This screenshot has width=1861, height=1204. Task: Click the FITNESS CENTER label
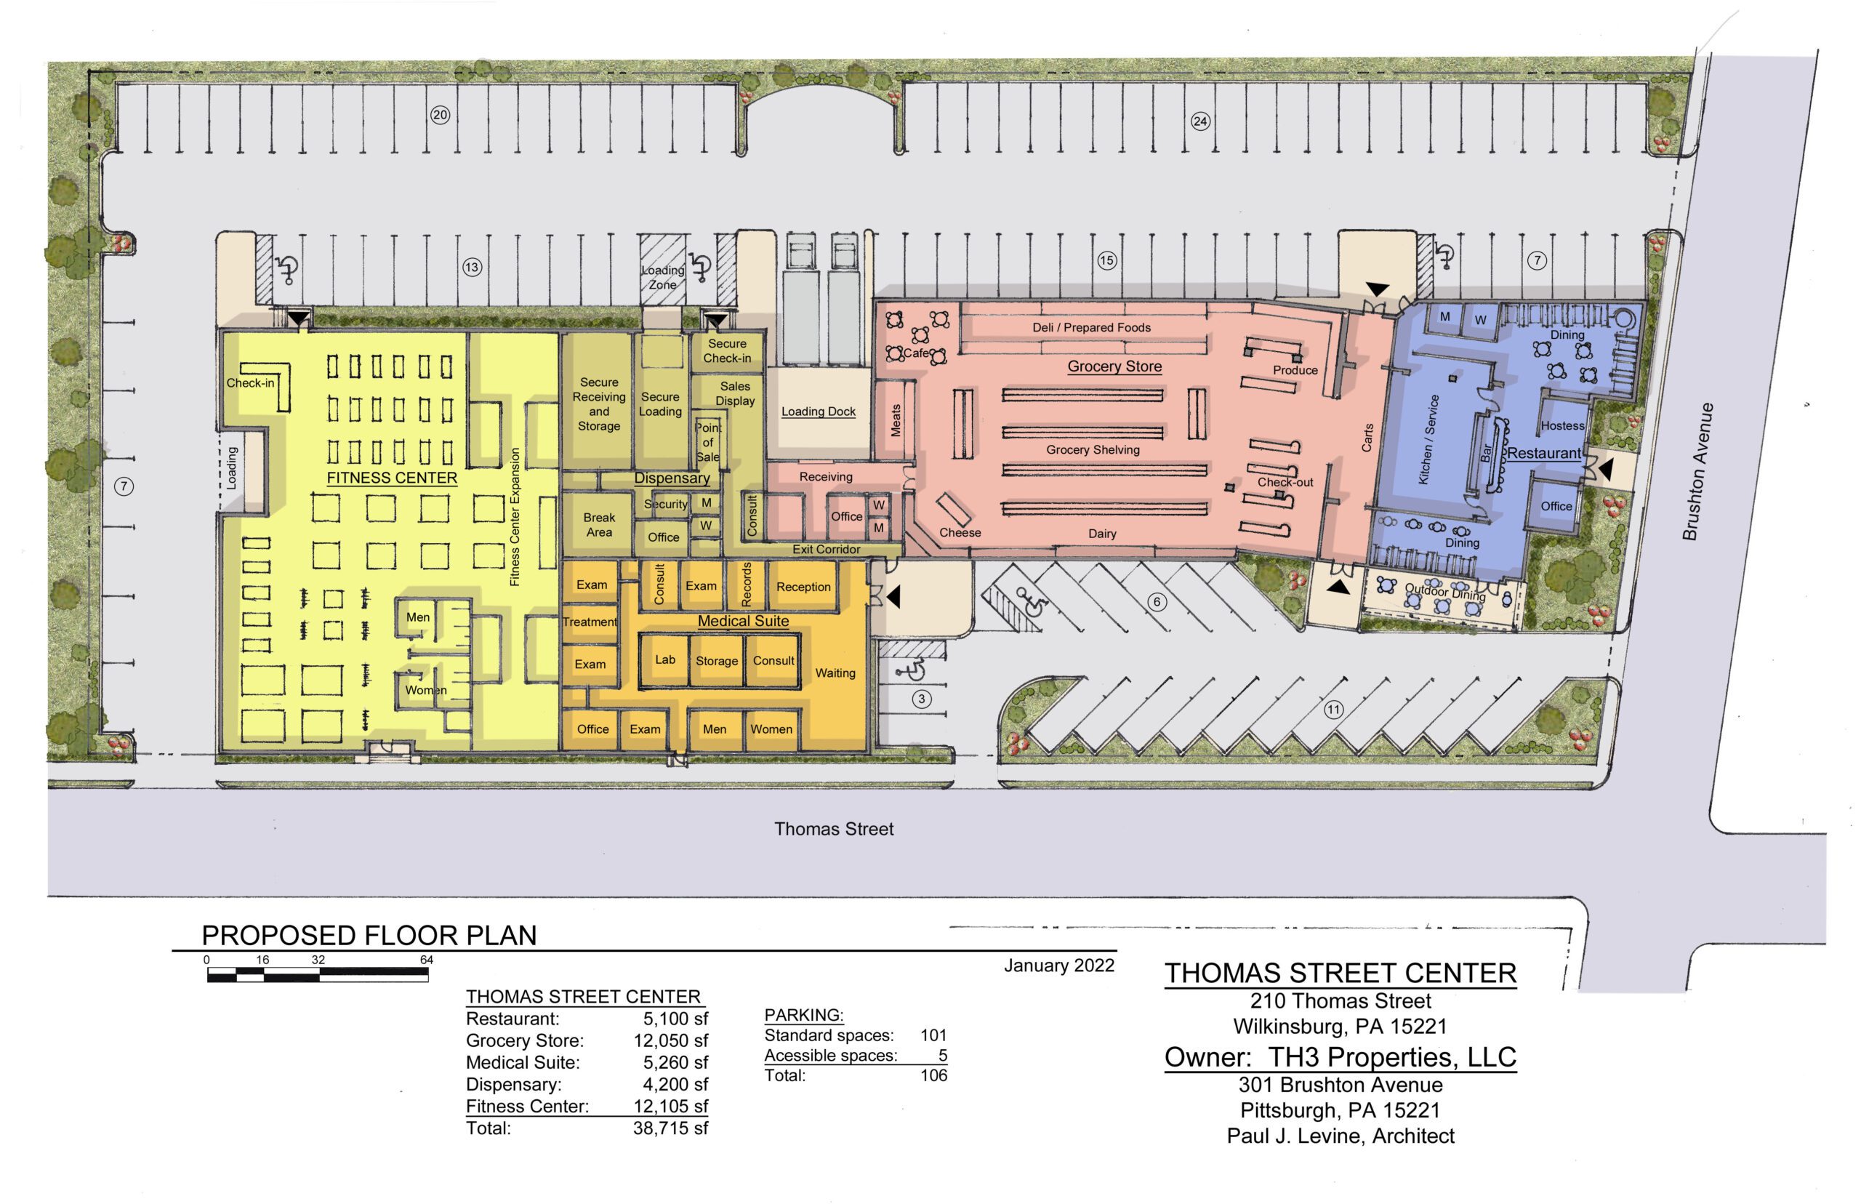[392, 478]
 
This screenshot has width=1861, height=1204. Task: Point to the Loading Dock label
[819, 412]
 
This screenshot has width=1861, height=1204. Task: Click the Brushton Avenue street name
[1699, 471]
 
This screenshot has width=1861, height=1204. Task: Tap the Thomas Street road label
[834, 829]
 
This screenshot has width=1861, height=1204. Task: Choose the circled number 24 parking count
[1200, 121]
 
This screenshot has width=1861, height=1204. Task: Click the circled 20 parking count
[440, 115]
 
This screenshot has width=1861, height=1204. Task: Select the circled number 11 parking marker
[1333, 710]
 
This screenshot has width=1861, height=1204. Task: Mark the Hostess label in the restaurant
[1562, 426]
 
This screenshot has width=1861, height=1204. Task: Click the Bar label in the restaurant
[1487, 454]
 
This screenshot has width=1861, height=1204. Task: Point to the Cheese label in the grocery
[960, 532]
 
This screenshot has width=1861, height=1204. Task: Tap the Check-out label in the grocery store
[1285, 482]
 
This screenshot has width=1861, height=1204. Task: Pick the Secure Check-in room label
[727, 351]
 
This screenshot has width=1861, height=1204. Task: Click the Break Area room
[600, 525]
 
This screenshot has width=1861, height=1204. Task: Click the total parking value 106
[934, 1075]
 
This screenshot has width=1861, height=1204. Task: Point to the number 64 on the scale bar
[427, 960]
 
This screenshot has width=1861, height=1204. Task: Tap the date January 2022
[1059, 966]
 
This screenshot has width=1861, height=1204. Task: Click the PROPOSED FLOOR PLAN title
[369, 936]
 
